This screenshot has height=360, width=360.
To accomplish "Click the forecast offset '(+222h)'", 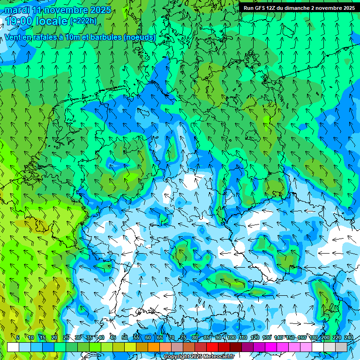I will coord(82,21).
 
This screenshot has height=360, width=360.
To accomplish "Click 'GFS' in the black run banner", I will coord(260,8).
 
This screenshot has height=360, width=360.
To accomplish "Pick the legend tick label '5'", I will coord(18,337).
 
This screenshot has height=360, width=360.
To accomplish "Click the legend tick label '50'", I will coord(124,337).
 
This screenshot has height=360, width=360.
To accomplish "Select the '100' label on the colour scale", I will coord(231,337).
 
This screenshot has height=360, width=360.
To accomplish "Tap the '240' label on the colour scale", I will coord(348,337).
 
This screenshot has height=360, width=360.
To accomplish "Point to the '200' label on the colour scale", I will coord(325,337).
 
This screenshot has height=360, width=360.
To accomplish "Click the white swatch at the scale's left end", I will coord(13,347).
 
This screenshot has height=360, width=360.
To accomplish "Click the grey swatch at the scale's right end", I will coord(341,347).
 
